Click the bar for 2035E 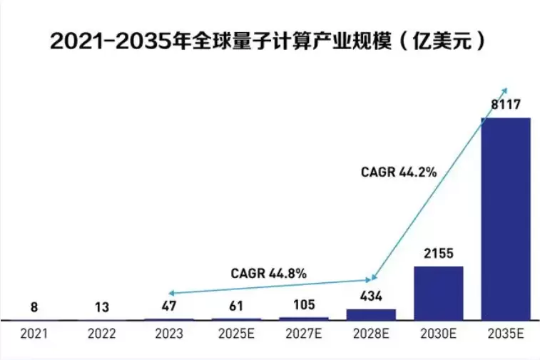[x=506, y=217]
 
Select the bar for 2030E [x=439, y=292]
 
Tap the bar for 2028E [x=371, y=314]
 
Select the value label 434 [x=371, y=297]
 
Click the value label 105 [x=304, y=305]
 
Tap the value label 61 [x=236, y=307]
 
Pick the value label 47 [x=169, y=307]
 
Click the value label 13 [x=101, y=307]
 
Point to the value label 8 [x=34, y=307]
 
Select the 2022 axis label [x=101, y=333]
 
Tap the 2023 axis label [x=169, y=333]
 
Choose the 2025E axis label [x=236, y=333]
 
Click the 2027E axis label [x=304, y=333]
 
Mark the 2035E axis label [x=506, y=333]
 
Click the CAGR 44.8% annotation [x=268, y=273]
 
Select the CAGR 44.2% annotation [x=398, y=171]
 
